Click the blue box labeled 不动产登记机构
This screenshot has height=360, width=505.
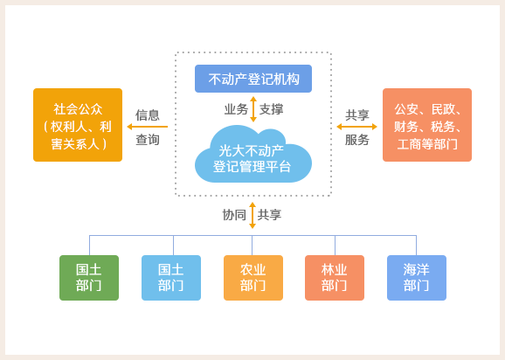tap(253, 79)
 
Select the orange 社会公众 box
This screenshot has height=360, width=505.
tap(78, 125)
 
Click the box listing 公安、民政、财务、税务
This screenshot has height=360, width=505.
tap(427, 125)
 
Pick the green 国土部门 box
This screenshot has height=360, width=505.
tap(89, 278)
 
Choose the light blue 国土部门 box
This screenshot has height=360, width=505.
tap(171, 278)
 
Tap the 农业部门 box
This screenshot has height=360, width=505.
tap(253, 278)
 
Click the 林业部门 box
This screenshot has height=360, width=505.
tap(335, 278)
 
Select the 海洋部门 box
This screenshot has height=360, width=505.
tap(417, 278)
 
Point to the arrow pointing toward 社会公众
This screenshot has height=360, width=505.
tap(148, 127)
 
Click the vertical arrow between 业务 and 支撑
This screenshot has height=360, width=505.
tap(253, 109)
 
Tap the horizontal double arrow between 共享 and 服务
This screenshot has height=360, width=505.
tap(356, 127)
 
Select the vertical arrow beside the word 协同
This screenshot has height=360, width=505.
tap(252, 216)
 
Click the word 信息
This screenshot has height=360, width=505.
tap(148, 115)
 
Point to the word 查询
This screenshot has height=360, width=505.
tap(148, 140)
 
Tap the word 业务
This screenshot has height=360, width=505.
tap(236, 109)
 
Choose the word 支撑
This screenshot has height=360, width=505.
tap(271, 109)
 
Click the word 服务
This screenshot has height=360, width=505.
tap(356, 140)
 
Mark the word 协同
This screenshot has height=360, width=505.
tap(234, 215)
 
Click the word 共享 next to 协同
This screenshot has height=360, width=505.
tap(269, 215)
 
